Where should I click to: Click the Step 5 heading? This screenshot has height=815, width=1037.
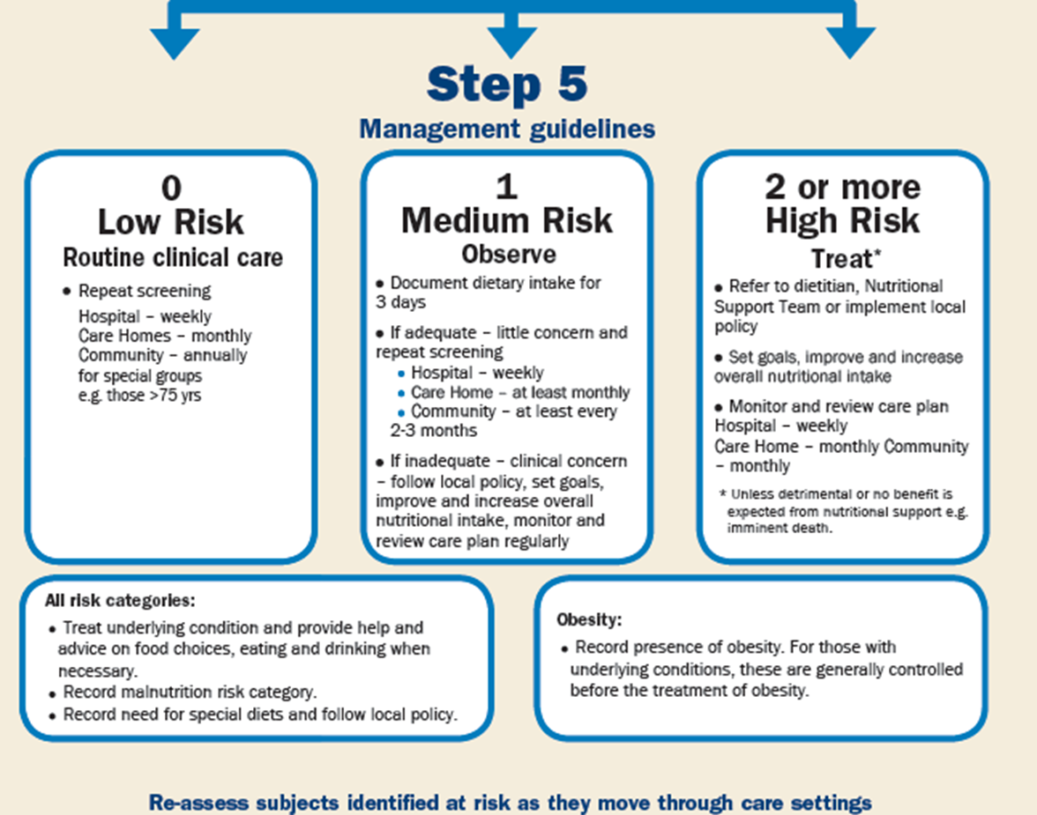507,84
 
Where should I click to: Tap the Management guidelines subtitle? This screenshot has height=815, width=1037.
507,129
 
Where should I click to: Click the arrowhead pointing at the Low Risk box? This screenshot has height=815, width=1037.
175,44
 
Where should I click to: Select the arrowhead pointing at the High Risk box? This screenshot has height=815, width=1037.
850,43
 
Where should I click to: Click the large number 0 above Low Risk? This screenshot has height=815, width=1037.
171,188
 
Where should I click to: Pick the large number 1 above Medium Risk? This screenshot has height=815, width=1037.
506,187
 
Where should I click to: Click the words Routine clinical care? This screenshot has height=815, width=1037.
173,257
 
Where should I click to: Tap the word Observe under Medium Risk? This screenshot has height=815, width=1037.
509,254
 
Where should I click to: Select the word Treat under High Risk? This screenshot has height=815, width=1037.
841,258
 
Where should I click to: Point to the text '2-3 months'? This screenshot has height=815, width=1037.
433,431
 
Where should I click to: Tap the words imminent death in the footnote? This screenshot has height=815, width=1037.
780,528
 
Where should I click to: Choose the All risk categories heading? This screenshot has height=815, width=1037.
120,601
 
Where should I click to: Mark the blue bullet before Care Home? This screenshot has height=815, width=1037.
401,393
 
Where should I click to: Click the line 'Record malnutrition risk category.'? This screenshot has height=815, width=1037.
190,692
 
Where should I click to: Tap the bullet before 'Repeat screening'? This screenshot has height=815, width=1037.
67,292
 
